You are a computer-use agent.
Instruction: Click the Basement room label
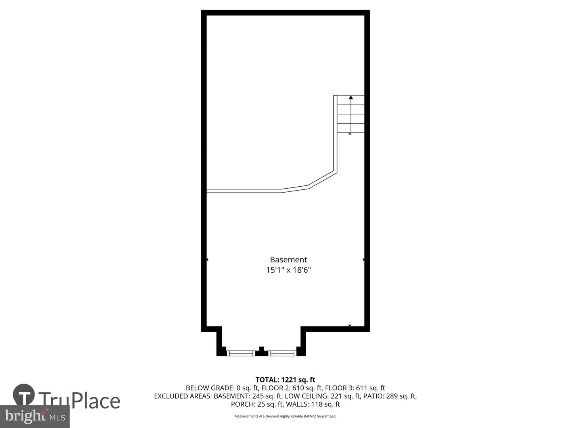(x=288, y=260)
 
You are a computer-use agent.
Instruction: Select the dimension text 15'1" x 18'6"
(x=288, y=270)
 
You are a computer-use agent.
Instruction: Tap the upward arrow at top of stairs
(x=351, y=97)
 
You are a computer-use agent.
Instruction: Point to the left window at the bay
(x=241, y=353)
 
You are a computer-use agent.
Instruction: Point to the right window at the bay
(x=282, y=353)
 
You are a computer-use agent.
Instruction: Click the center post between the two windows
(x=261, y=351)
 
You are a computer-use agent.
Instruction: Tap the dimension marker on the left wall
(x=207, y=260)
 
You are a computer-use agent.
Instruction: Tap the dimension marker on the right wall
(x=363, y=260)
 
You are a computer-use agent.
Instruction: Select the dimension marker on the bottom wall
(x=350, y=326)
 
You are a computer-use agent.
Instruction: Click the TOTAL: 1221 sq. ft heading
(x=285, y=380)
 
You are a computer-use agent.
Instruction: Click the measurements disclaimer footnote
(x=285, y=416)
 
